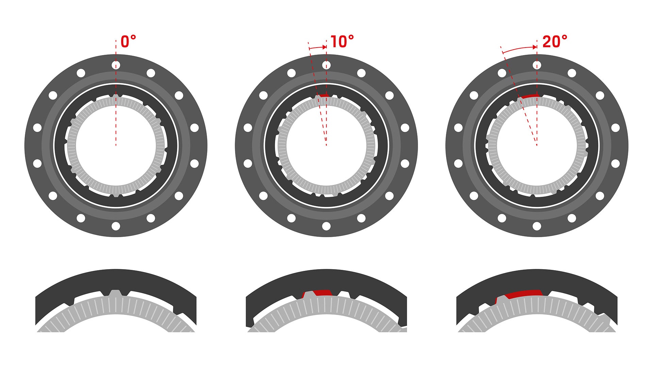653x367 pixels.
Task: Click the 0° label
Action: point(128,41)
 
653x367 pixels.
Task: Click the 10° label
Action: point(342,41)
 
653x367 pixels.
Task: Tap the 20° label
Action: point(555,41)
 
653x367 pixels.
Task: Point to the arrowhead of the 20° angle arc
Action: point(535,47)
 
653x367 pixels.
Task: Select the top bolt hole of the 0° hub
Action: point(116,65)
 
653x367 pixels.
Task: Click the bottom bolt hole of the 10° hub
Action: point(326,226)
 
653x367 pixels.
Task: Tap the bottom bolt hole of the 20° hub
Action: point(537,226)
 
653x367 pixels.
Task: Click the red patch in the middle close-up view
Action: point(321,293)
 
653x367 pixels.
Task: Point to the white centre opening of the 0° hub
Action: point(116,150)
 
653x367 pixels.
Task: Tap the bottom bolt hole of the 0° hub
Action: point(116,226)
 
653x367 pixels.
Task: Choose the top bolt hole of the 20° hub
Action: point(537,65)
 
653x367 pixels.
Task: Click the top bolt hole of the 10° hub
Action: point(326,65)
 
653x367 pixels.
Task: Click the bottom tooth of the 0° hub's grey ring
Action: point(116,195)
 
